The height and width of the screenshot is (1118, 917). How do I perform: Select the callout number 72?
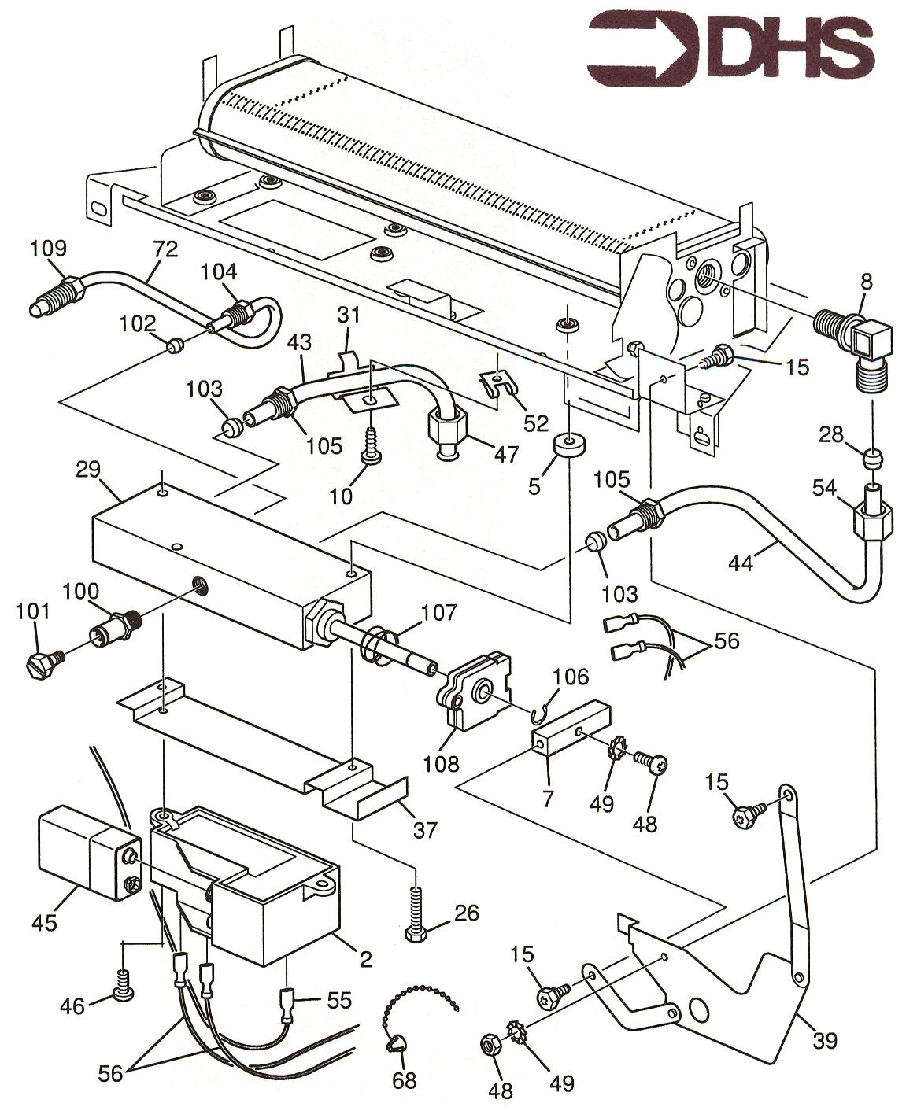coord(165,250)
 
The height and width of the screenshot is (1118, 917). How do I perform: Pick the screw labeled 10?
coord(368,455)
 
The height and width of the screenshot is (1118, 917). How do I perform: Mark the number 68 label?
coord(405,1081)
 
